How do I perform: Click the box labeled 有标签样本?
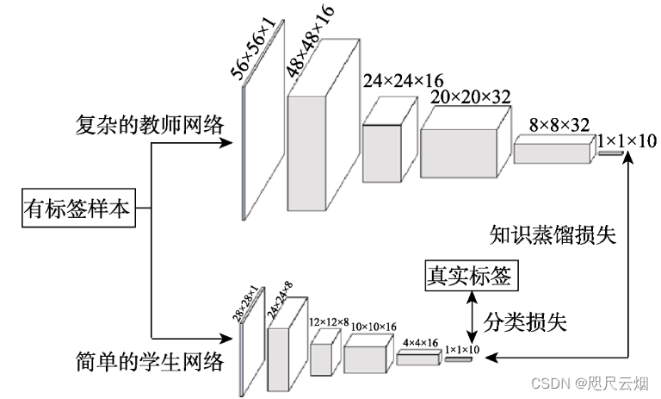pyautogui.click(x=77, y=209)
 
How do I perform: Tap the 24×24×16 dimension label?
pyautogui.click(x=403, y=81)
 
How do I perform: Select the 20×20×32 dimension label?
pyautogui.click(x=472, y=97)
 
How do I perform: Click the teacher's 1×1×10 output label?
pyautogui.click(x=626, y=139)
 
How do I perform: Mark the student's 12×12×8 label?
pyautogui.click(x=328, y=322)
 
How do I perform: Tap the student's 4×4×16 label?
pyautogui.click(x=420, y=341)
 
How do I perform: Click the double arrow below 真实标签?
pyautogui.click(x=471, y=320)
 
